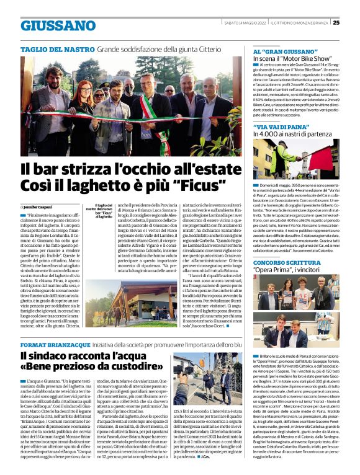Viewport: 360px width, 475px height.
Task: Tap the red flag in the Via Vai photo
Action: pyautogui.click(x=259, y=150)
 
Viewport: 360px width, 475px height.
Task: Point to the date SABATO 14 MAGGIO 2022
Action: pyautogui.click(x=248, y=23)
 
